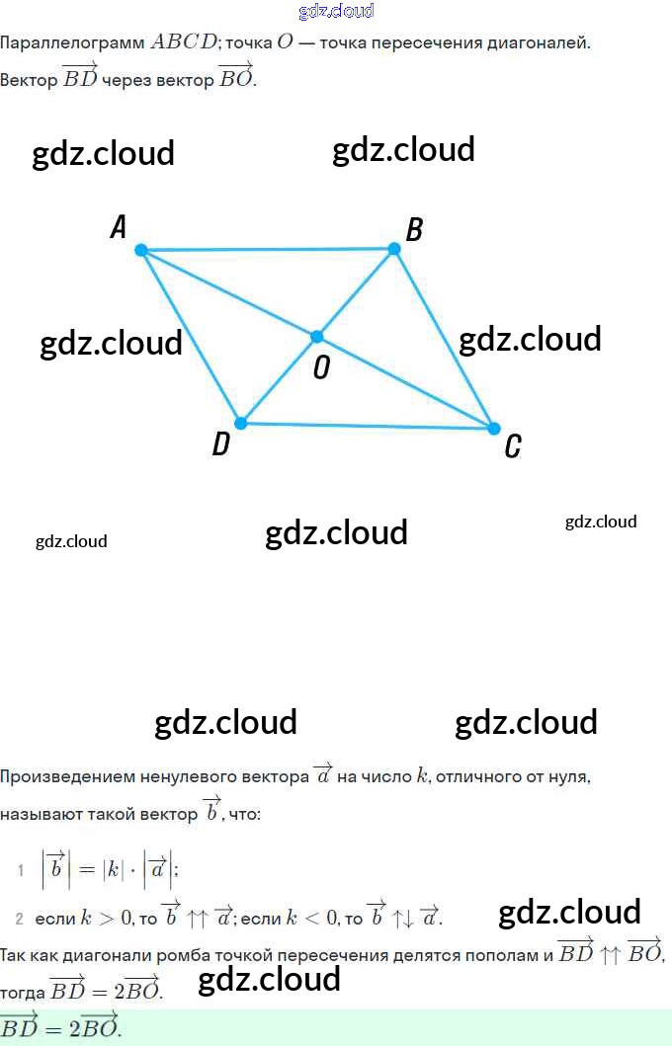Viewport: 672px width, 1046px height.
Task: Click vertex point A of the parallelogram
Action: (x=141, y=251)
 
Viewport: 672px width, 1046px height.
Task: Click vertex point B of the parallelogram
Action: (x=393, y=249)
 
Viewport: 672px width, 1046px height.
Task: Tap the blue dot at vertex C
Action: (x=494, y=428)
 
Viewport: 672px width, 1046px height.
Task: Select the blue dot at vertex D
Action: (x=239, y=423)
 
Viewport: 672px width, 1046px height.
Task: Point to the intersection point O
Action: (x=317, y=337)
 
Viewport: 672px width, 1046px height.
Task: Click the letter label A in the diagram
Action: (x=119, y=228)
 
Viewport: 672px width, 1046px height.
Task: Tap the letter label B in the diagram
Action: (x=415, y=230)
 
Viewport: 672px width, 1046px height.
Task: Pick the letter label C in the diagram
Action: (x=512, y=447)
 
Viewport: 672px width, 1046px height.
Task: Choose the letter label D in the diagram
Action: (x=220, y=445)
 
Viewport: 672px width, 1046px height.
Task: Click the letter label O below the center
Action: (x=321, y=368)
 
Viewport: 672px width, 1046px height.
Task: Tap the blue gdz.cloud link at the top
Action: (x=336, y=12)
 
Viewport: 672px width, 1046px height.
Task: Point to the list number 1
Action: (x=20, y=870)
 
